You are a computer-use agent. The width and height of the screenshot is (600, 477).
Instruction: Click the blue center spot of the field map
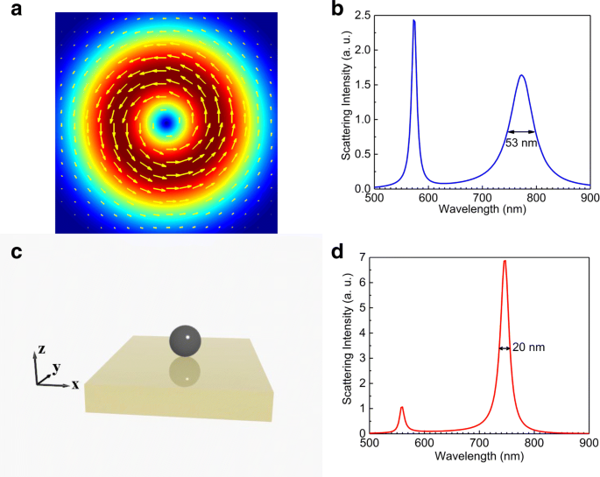(x=166, y=123)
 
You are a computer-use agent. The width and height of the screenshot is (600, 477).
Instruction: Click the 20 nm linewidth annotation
(x=528, y=347)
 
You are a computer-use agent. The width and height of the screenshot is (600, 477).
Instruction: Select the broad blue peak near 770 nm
(x=521, y=76)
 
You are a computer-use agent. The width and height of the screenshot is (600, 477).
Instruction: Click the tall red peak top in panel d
(x=505, y=261)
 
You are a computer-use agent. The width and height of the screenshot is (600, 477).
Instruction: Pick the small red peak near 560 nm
(x=401, y=408)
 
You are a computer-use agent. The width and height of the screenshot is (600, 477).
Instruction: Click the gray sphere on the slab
(x=184, y=340)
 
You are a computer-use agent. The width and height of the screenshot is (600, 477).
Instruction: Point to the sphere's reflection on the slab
(x=183, y=373)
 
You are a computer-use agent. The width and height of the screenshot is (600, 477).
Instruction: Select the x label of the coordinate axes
(x=75, y=384)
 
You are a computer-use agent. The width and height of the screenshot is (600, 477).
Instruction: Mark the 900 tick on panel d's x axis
(x=587, y=444)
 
